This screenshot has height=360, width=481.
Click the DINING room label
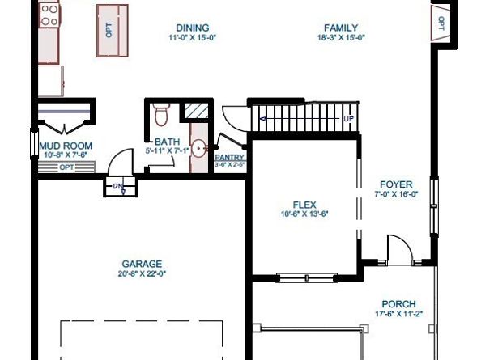click(192, 27)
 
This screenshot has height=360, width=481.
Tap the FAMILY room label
click(341, 27)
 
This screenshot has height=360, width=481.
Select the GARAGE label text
click(142, 264)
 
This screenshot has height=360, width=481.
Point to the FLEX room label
click(304, 205)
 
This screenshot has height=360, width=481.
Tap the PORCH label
click(399, 303)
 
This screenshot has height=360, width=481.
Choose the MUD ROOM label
click(66, 146)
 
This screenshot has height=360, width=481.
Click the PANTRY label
click(230, 158)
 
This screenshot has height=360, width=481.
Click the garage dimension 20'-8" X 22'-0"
click(142, 273)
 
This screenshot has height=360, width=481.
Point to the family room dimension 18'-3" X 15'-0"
click(341, 37)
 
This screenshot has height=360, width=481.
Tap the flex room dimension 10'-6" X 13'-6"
click(304, 214)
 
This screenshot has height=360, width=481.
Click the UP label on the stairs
click(349, 119)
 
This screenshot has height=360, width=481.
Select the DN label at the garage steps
click(118, 187)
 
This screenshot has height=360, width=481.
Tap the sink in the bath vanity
click(198, 149)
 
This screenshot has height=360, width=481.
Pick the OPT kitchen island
click(112, 30)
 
